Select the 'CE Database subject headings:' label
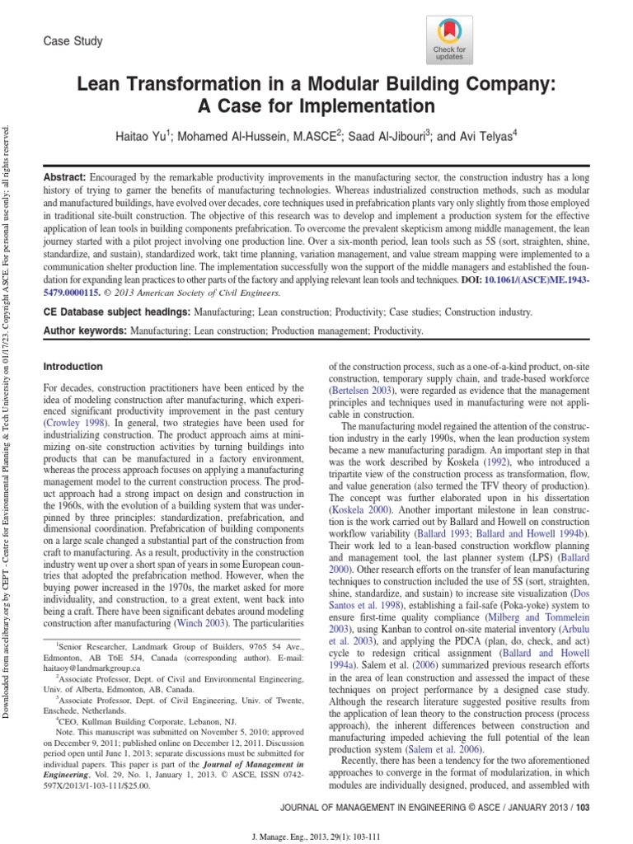115,313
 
